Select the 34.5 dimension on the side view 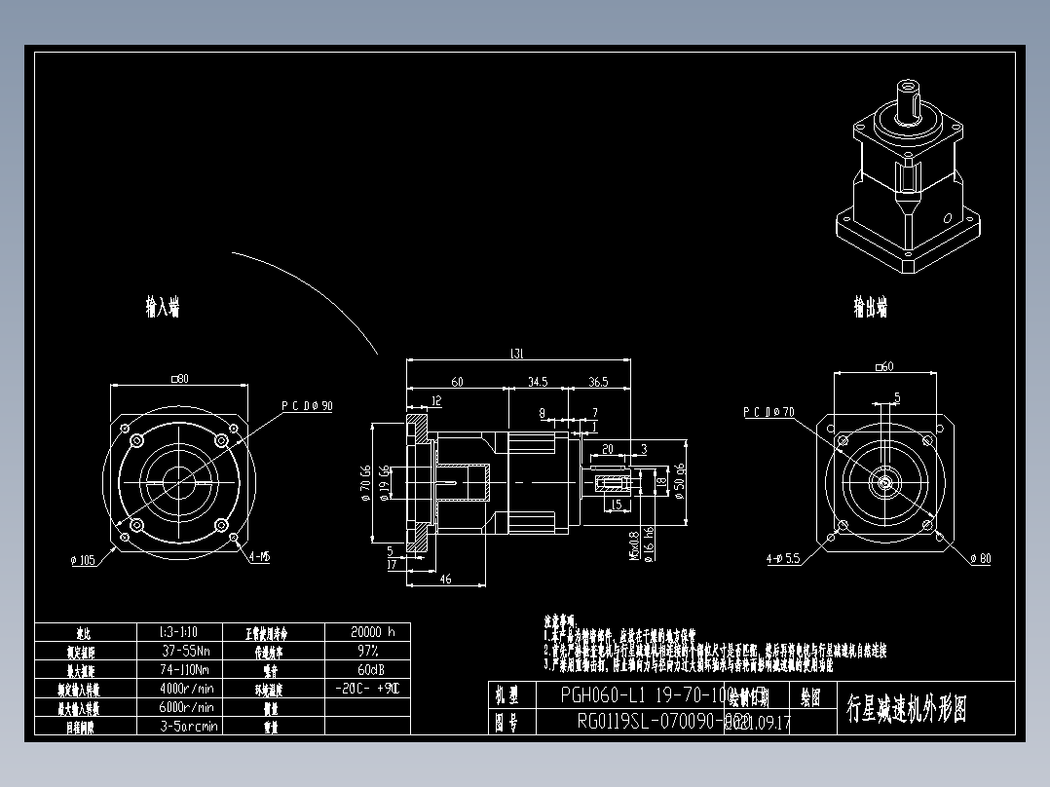point(538,382)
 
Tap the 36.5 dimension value point(598,382)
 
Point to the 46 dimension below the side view point(446,580)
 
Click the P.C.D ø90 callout point(307,406)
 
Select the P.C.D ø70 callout point(769,412)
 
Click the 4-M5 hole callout point(259,557)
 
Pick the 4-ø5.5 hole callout point(782,559)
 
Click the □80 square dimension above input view point(178,378)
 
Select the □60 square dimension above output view point(884,366)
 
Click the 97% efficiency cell point(367,650)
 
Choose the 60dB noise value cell point(367,669)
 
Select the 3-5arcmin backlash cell point(189,726)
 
